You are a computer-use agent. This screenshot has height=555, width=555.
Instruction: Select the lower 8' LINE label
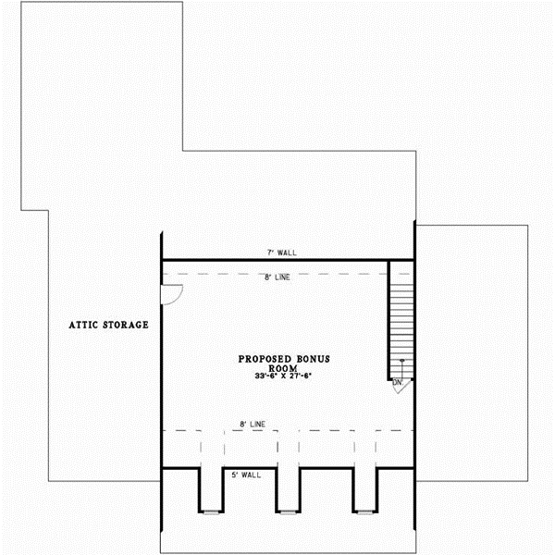(x=253, y=424)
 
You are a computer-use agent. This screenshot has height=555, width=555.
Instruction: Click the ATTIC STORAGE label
(x=109, y=325)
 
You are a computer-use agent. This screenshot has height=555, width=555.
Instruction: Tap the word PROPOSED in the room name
(x=266, y=358)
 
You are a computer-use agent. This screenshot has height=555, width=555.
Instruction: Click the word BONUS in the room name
(x=313, y=358)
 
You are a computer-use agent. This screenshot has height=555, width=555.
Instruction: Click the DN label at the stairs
(x=398, y=381)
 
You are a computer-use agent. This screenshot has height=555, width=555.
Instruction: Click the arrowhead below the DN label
(x=399, y=389)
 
